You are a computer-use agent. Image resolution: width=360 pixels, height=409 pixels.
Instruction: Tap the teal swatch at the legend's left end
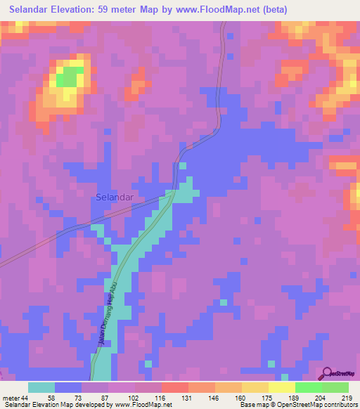click(x=41, y=387)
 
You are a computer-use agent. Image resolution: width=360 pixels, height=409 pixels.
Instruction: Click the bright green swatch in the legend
click(x=308, y=387)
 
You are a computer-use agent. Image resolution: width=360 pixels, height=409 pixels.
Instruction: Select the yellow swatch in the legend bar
click(x=281, y=387)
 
